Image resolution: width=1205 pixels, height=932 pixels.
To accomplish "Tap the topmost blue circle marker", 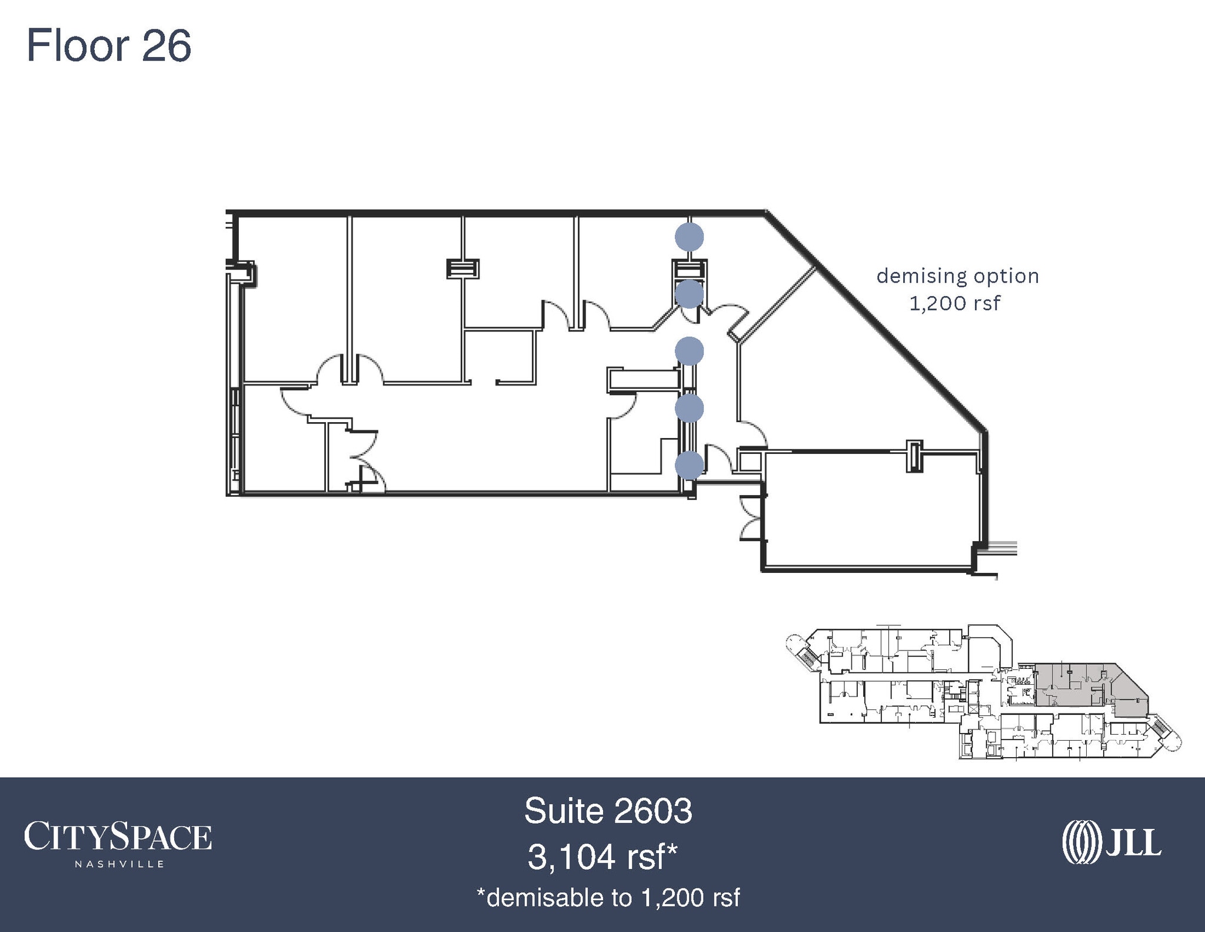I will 689,237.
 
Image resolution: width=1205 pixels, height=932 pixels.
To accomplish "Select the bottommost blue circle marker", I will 689,465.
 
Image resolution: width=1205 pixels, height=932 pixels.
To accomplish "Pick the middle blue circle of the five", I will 689,351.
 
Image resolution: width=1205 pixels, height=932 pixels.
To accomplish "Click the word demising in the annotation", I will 921,277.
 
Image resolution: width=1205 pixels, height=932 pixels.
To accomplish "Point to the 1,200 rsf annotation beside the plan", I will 954,303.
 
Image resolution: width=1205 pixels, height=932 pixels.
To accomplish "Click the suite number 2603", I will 652,811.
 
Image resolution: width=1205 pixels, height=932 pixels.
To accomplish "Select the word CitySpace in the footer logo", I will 118,837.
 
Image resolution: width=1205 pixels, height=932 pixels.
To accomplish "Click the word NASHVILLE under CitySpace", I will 119,864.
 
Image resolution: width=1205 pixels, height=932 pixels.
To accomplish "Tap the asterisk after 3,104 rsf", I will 671,850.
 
